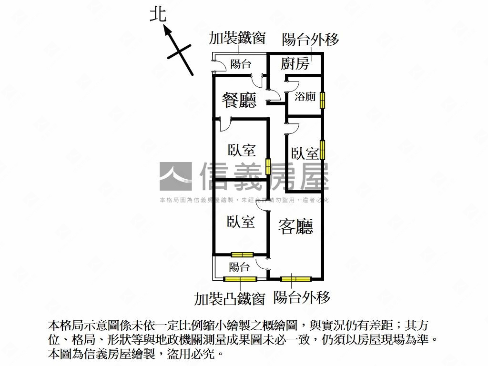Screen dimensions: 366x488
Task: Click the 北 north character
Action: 158,14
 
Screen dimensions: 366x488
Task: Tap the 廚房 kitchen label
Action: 295,64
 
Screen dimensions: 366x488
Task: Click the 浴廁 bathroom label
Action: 305,97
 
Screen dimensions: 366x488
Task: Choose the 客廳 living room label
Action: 296,227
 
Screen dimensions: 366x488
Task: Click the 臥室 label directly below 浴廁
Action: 305,153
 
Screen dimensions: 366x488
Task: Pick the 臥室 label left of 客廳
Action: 241,222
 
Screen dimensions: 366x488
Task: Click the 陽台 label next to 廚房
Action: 241,64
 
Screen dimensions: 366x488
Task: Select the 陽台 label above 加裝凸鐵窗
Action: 239,267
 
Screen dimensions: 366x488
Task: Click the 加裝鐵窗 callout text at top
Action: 237,39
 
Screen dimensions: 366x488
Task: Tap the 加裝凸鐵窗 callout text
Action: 229,299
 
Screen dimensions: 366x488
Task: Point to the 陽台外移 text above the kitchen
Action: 310,40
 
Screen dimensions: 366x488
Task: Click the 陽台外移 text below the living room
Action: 302,298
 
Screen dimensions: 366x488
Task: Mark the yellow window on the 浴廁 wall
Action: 323,100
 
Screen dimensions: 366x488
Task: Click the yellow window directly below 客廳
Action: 295,279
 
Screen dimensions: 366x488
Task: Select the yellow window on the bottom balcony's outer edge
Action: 240,279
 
